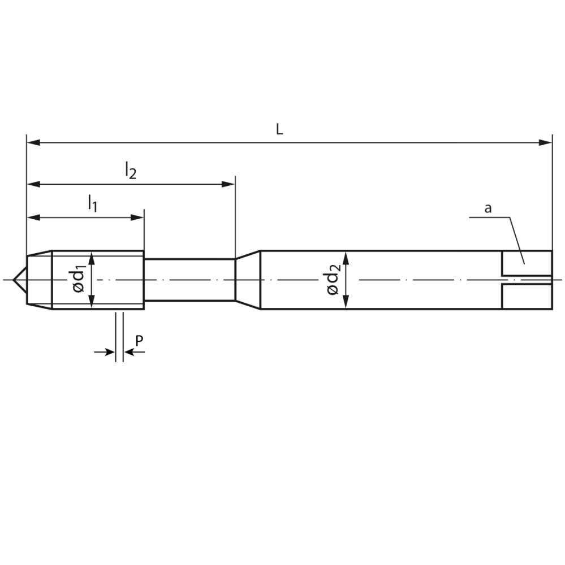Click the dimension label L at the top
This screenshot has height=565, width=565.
pyautogui.click(x=279, y=129)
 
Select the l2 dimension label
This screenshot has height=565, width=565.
pyautogui.click(x=131, y=170)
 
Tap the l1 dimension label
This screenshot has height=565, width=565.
pyautogui.click(x=92, y=203)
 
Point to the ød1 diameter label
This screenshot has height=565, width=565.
pyautogui.click(x=79, y=280)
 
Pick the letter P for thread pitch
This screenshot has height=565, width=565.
pyautogui.click(x=139, y=340)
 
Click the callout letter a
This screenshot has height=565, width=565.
pyautogui.click(x=488, y=208)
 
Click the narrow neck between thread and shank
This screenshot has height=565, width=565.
pyautogui.click(x=189, y=280)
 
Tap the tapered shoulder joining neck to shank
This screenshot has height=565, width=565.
pyautogui.click(x=247, y=280)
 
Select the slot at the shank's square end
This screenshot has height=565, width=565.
pyautogui.click(x=526, y=280)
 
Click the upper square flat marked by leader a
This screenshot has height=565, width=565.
pyautogui.click(x=527, y=263)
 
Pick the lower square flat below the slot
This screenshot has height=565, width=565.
pyautogui.click(x=527, y=296)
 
